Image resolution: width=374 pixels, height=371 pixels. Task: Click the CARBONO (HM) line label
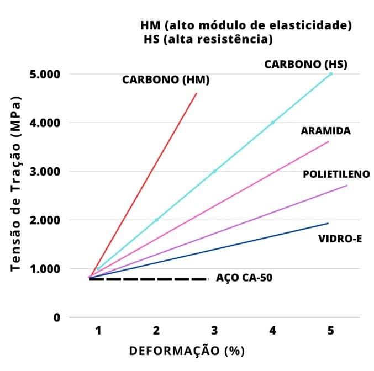click(166, 80)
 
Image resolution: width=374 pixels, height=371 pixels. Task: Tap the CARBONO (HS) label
click(305, 64)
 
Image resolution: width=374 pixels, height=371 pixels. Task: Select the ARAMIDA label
click(326, 131)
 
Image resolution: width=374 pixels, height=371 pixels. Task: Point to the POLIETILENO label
click(336, 174)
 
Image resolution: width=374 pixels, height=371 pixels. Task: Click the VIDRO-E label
click(340, 239)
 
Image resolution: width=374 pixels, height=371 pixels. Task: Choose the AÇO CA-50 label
click(244, 278)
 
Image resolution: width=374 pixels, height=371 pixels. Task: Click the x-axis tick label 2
click(156, 331)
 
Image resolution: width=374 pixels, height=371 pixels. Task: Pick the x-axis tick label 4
click(272, 331)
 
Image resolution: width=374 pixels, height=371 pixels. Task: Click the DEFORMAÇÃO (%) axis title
click(187, 351)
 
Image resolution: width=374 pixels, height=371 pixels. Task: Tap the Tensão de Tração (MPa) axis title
click(16, 185)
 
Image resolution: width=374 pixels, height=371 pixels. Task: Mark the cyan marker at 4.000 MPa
click(272, 123)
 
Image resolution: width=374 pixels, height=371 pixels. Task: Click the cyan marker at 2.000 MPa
click(156, 220)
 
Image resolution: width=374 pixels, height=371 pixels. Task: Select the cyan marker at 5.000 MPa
click(330, 73)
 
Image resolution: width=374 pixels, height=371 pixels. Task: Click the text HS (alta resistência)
click(208, 40)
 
